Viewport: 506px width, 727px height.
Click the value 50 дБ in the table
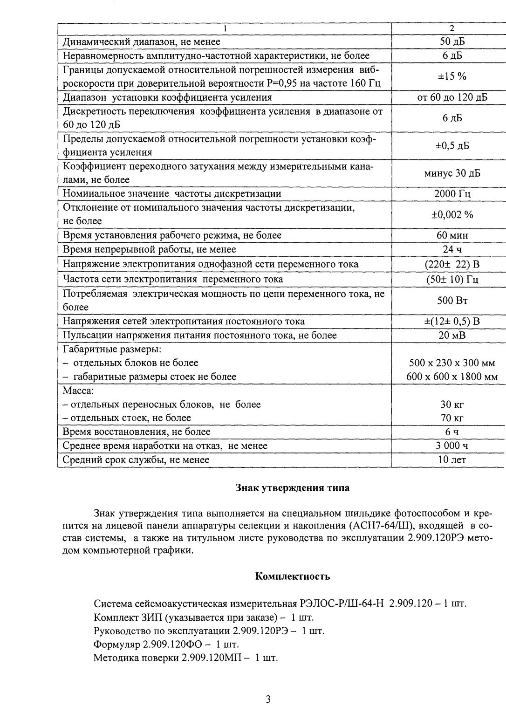tap(451, 41)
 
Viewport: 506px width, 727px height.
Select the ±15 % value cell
tap(451, 76)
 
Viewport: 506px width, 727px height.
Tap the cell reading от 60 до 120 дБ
tap(451, 97)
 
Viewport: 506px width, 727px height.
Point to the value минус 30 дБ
tap(451, 173)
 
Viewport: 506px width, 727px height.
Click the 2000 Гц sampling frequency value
tap(451, 194)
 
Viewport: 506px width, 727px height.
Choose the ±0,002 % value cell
tap(451, 214)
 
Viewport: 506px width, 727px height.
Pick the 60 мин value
tap(451, 235)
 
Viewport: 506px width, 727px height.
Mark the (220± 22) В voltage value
tap(451, 264)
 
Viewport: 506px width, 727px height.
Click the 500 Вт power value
tap(451, 300)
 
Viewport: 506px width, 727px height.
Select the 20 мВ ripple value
tap(451, 335)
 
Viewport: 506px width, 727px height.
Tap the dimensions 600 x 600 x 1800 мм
tap(451, 377)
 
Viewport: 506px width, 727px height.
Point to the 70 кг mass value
tap(451, 418)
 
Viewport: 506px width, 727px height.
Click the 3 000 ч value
tap(451, 446)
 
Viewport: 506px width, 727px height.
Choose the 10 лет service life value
tap(451, 460)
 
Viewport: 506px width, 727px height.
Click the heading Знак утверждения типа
tap(293, 488)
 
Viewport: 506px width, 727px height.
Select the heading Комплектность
tap(293, 576)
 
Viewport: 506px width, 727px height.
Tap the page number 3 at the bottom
tap(267, 700)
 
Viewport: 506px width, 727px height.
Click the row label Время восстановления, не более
tap(137, 432)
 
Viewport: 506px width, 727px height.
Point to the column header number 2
tap(451, 28)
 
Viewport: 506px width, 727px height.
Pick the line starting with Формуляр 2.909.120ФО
tap(166, 645)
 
